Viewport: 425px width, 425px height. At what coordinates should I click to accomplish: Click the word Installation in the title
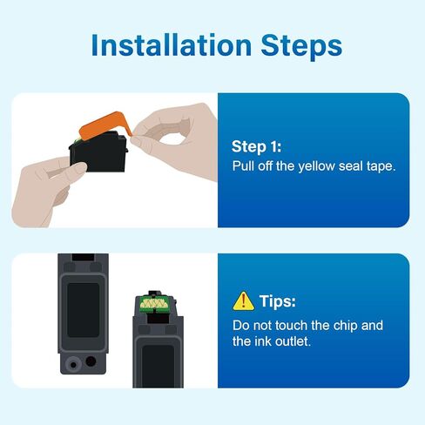pos(172,45)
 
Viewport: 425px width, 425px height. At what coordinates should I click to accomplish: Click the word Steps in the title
pos(301,46)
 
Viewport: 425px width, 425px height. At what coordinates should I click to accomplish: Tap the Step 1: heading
pos(256,146)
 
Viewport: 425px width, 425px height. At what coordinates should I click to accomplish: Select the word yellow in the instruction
pos(317,166)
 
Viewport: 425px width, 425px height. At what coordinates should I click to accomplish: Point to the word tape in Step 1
pos(381,166)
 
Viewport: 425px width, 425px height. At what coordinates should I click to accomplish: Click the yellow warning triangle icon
pos(244,301)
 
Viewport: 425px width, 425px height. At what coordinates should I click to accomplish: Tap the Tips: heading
pos(278,301)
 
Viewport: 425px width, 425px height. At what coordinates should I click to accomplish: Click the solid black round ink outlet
pos(91,361)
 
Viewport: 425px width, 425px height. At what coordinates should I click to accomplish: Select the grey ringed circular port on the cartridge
pos(73,364)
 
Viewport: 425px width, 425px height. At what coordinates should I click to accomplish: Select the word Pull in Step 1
pos(243,166)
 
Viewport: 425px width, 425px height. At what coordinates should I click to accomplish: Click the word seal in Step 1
pos(351,166)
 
